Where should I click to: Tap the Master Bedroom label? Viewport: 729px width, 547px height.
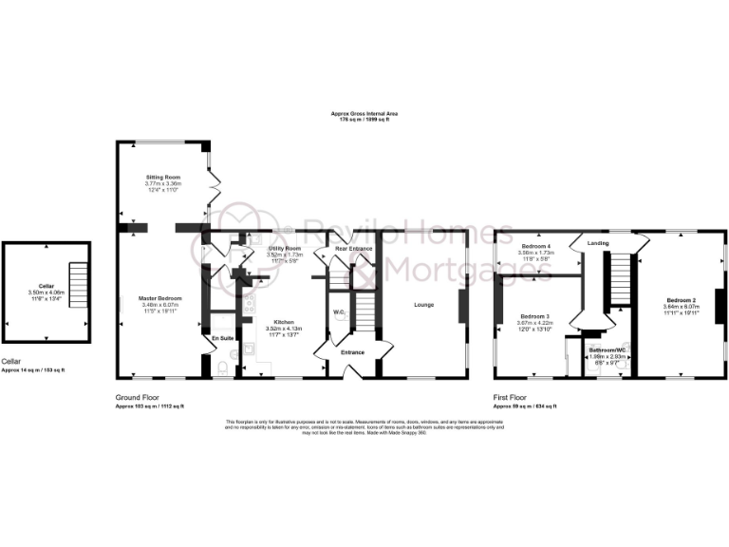[161, 299]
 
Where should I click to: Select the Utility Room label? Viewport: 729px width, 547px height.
[285, 246]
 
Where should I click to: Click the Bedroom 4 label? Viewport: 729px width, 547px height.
[537, 246]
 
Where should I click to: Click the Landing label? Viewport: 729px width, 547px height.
[598, 243]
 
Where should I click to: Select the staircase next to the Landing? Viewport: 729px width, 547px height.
[620, 278]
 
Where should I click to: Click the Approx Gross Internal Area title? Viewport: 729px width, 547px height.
[360, 113]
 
